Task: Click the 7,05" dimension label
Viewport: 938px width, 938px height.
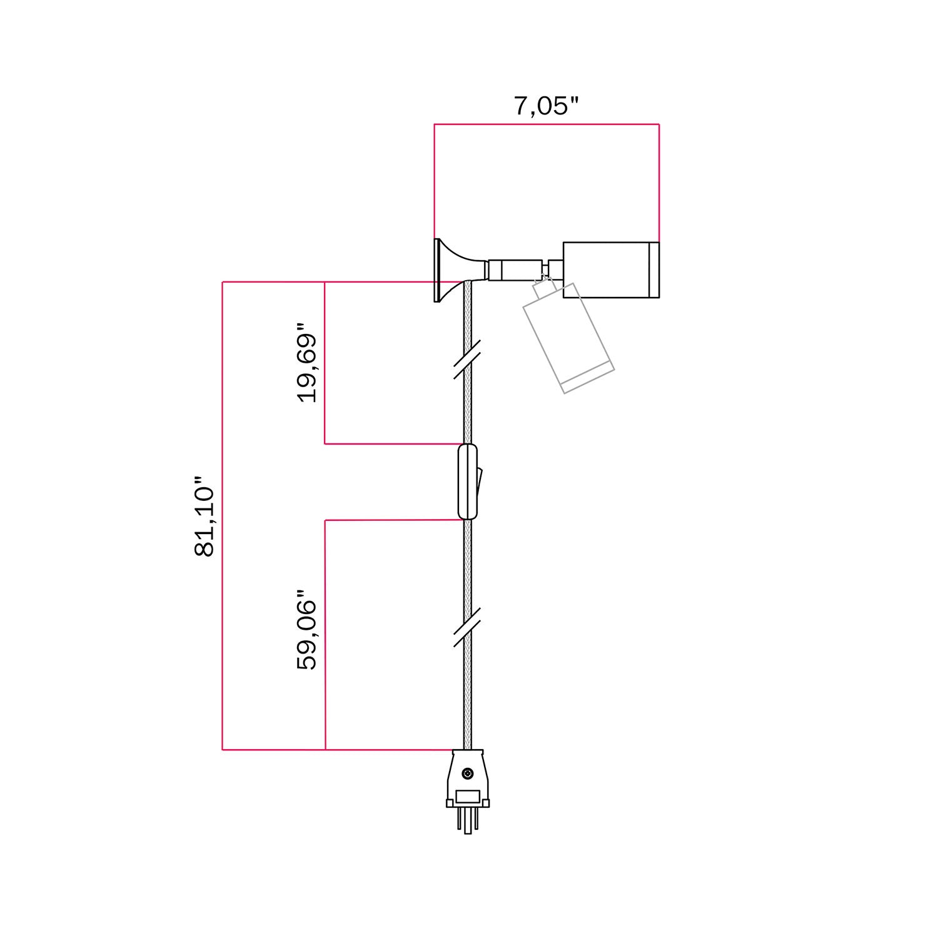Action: pyautogui.click(x=546, y=106)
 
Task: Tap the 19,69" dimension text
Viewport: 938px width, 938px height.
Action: pyautogui.click(x=308, y=363)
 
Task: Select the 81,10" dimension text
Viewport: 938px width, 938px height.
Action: pyautogui.click(x=204, y=517)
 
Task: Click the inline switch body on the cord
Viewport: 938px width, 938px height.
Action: pyautogui.click(x=467, y=482)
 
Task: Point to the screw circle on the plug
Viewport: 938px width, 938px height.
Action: pyautogui.click(x=467, y=774)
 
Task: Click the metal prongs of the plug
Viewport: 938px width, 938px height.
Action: pyautogui.click(x=467, y=822)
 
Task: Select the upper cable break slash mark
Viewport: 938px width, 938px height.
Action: pyautogui.click(x=467, y=360)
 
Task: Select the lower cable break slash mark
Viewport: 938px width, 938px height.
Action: pyautogui.click(x=467, y=626)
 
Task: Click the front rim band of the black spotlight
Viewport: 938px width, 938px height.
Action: pyautogui.click(x=653, y=270)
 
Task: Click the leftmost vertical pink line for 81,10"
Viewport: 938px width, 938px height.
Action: pyautogui.click(x=223, y=517)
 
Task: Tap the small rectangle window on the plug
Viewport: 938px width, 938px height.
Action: pyautogui.click(x=467, y=797)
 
